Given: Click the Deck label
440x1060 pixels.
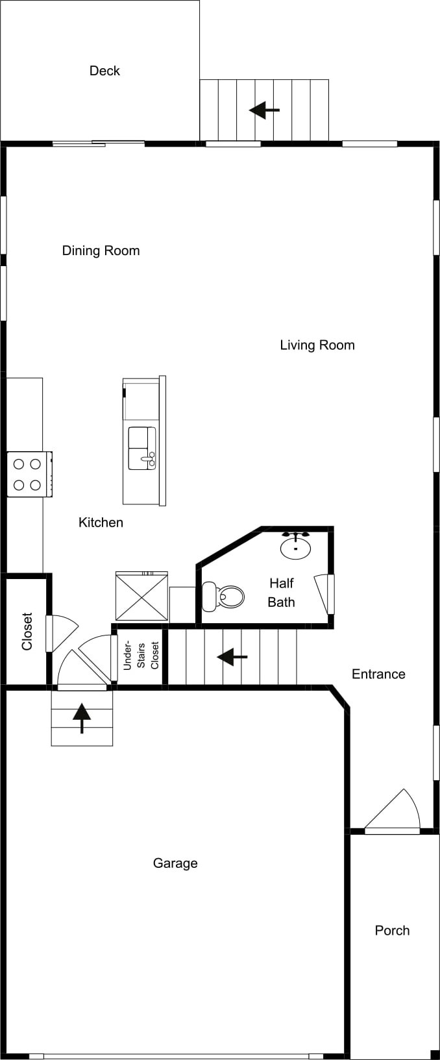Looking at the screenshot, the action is click(104, 71).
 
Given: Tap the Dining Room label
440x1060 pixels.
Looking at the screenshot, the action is click(101, 251).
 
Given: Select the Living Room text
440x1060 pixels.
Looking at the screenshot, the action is click(317, 345).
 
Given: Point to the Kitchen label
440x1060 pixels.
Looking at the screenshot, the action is click(101, 523).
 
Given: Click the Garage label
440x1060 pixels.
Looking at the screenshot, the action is click(175, 863).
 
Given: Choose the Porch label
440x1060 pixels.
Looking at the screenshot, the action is click(392, 930).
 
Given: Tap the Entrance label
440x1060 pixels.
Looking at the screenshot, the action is click(378, 674).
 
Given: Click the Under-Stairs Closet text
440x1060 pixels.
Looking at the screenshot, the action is click(141, 656).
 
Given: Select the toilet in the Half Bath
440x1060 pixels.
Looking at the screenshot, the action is click(223, 597).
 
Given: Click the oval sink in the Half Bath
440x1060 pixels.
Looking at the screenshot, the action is click(296, 546).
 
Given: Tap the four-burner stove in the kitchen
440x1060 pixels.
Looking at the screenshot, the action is click(29, 474).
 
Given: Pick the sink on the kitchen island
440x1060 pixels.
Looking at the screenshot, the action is click(142, 448).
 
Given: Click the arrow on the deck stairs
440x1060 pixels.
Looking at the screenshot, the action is click(265, 110).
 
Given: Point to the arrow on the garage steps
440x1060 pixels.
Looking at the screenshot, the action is click(82, 719).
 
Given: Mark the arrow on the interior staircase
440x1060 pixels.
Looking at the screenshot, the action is click(232, 657).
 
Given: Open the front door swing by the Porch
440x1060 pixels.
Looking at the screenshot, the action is click(392, 811).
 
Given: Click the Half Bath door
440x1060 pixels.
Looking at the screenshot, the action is click(324, 594).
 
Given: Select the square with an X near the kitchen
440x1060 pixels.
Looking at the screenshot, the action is click(142, 596).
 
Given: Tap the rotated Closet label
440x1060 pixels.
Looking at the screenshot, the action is click(27, 632).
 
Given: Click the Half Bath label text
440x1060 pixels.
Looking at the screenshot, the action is click(282, 593).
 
